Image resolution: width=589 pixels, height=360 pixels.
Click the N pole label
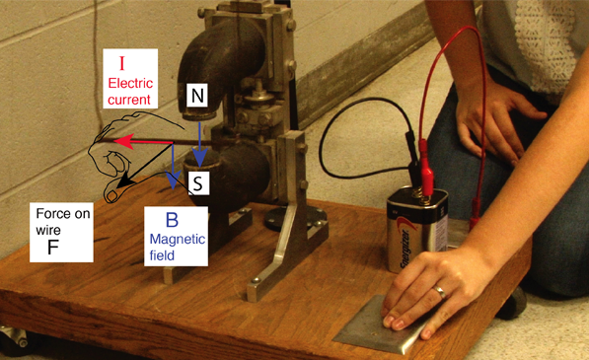click(x=197, y=96)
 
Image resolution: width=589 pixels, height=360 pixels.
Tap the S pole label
click(x=197, y=183)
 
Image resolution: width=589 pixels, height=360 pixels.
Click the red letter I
click(x=121, y=64)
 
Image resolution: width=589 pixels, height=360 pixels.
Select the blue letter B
click(x=172, y=220)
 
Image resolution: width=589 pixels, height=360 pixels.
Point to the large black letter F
click(x=53, y=248)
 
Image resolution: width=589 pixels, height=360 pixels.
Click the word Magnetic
click(x=178, y=240)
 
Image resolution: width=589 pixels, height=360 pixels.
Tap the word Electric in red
click(x=130, y=83)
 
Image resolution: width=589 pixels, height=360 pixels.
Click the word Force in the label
click(x=51, y=214)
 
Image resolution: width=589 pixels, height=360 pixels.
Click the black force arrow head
click(x=123, y=181)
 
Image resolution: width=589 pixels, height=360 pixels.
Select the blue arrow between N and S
click(x=200, y=143)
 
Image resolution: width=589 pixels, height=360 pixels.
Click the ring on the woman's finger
click(x=440, y=292)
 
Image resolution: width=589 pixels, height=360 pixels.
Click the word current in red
click(x=129, y=101)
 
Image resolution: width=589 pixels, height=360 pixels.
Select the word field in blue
click(x=162, y=255)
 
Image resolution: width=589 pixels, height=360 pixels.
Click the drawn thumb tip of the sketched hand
click(x=111, y=195)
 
